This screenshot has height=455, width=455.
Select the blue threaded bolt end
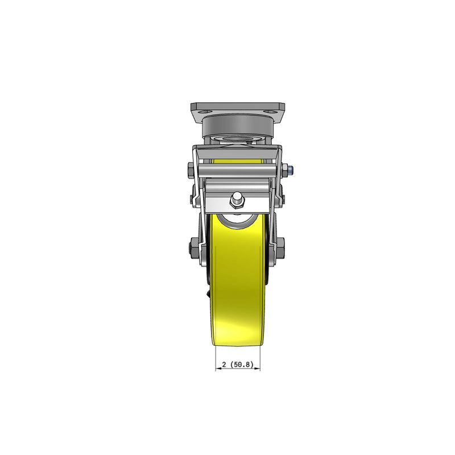(290, 169)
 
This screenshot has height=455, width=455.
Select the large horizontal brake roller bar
(237, 169)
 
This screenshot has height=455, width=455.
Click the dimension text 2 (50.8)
(237, 364)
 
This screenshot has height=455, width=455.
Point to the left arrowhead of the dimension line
(217, 369)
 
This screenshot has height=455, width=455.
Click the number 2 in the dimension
(224, 364)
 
